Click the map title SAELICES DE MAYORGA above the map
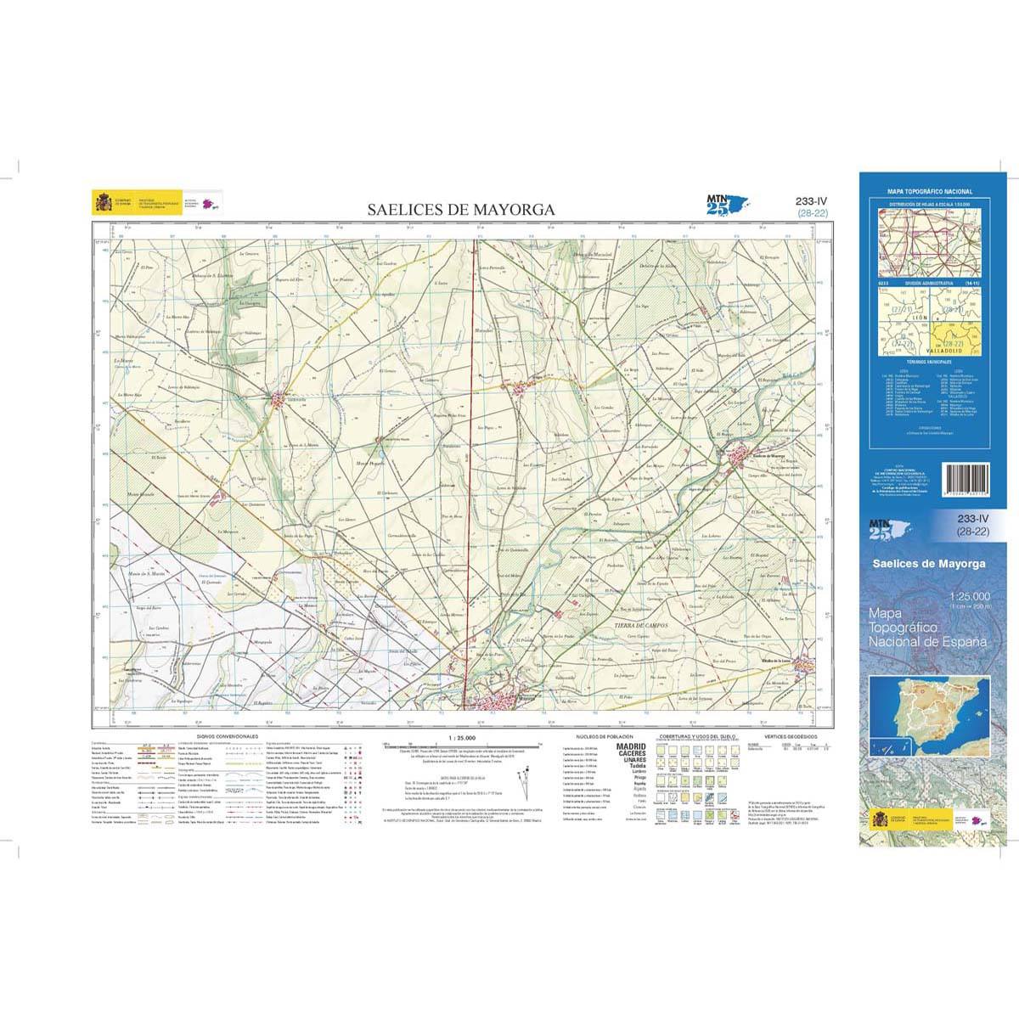[461, 209]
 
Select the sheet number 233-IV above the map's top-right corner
[812, 201]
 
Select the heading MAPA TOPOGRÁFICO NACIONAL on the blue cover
[930, 193]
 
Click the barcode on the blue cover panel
[965, 486]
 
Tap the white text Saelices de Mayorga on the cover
[932, 564]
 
